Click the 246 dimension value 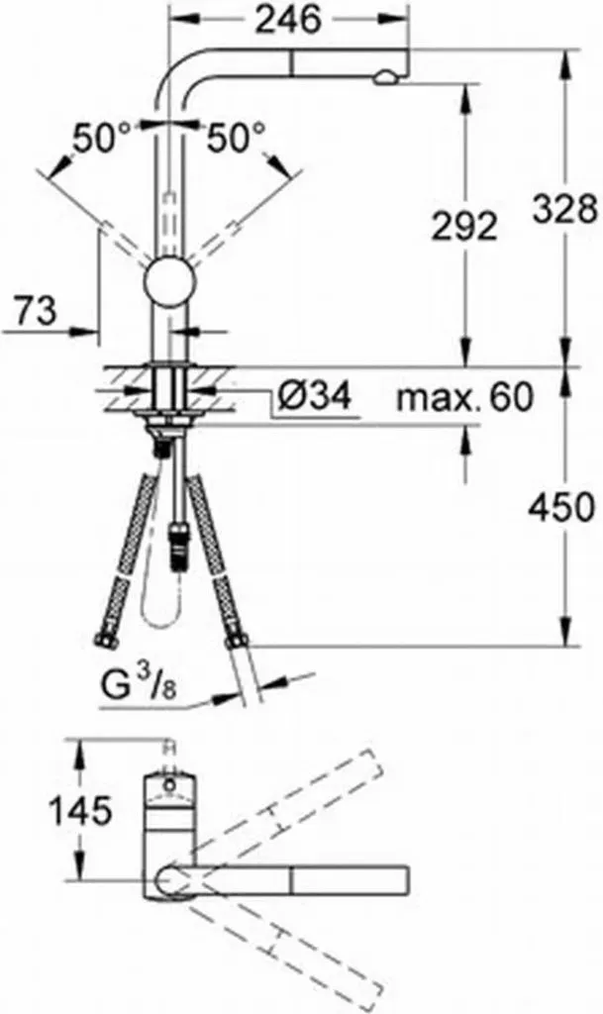(x=287, y=22)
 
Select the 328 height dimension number (x=563, y=209)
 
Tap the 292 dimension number (x=464, y=226)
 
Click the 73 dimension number (x=36, y=311)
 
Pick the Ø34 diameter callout (x=314, y=395)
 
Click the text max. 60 (x=464, y=396)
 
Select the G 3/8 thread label (x=139, y=686)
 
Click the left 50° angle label (x=101, y=139)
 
